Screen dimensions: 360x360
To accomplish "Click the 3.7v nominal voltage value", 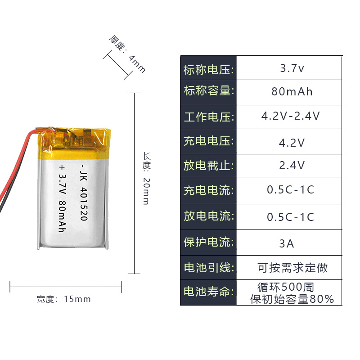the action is tap(292, 69).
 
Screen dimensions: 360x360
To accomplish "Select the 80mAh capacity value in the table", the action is tap(292, 92).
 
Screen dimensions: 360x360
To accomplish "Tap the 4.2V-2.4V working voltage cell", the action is tap(291, 116).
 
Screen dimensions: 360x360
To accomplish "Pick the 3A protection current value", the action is tap(287, 243).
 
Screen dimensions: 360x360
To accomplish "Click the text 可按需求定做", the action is tap(292, 268).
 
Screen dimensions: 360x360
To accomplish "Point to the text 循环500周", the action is tap(285, 287).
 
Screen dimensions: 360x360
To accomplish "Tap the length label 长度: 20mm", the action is tap(146, 178).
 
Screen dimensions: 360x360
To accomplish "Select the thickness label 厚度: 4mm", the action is tap(127, 54).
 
